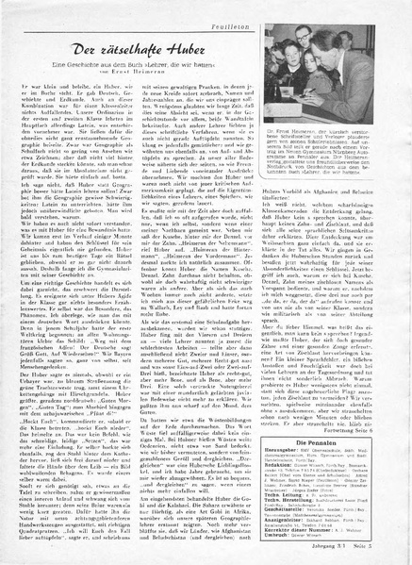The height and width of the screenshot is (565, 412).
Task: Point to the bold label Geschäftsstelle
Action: [x=306, y=501]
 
